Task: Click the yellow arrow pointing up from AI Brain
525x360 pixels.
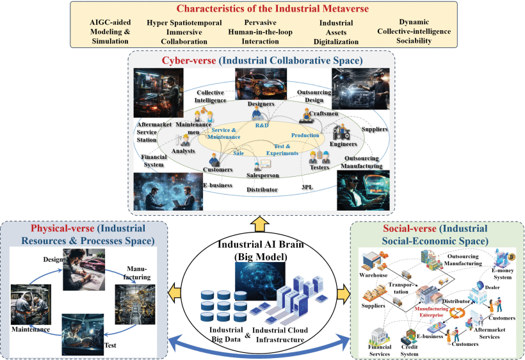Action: pos(262,223)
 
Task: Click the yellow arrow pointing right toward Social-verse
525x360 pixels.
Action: pos(344,293)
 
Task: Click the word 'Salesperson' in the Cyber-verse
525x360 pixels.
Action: pos(262,174)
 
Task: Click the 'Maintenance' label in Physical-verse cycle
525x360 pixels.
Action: pos(30,329)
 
